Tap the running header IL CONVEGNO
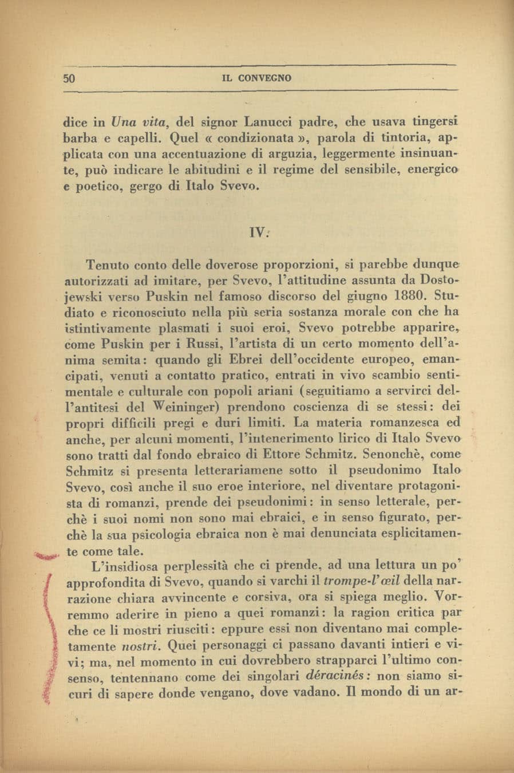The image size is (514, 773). [x=256, y=78]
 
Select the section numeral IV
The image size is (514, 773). [x=258, y=232]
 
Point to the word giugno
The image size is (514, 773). [x=354, y=297]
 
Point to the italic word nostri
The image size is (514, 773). [x=140, y=645]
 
